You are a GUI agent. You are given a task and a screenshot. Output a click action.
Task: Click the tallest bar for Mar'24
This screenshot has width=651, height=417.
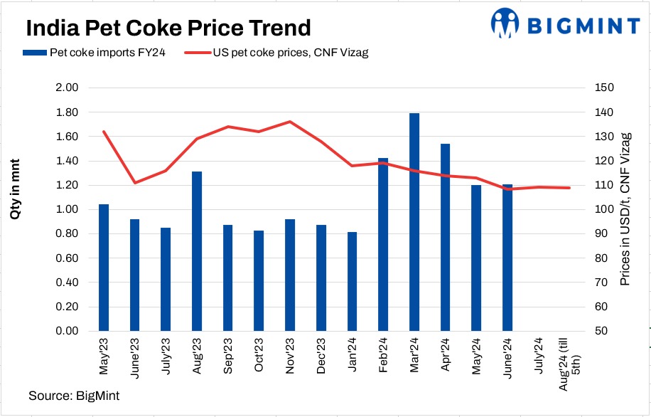click(x=414, y=222)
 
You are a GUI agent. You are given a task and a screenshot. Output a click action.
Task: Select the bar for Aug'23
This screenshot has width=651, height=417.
click(x=197, y=251)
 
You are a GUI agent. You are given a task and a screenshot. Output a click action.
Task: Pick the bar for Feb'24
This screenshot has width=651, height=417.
click(x=383, y=244)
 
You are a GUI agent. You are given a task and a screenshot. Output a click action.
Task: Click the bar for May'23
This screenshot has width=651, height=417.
click(x=104, y=268)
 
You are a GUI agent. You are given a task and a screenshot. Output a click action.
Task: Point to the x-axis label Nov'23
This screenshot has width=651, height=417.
click(x=290, y=354)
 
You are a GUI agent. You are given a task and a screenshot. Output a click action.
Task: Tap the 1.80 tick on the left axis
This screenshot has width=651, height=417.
click(x=65, y=112)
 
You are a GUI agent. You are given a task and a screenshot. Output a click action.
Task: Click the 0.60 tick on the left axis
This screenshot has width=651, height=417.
click(x=65, y=258)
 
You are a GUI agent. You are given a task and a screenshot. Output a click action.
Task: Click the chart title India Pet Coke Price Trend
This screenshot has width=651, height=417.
click(x=168, y=28)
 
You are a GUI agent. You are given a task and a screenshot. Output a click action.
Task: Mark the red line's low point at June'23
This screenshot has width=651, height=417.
click(x=134, y=183)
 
